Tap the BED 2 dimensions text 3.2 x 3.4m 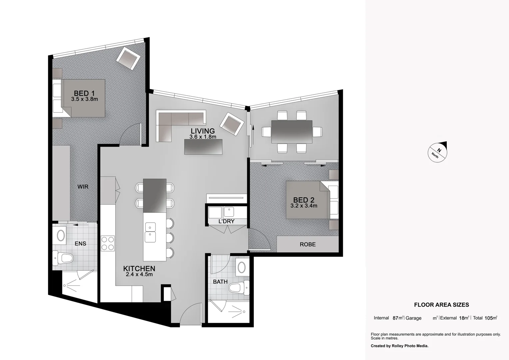pos(303,206)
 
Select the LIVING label pos(203,131)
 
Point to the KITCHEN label pos(139,268)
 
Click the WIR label pos(83,187)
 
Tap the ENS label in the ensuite pos(80,244)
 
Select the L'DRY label pos(226,221)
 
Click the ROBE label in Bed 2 pos(307,244)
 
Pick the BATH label pos(220,282)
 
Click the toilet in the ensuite pos(63,257)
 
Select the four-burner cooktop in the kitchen pos(108,243)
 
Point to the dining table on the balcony pos(292,132)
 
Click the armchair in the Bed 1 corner pos(128,58)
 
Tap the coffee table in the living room pos(203,146)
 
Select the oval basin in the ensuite pos(61,235)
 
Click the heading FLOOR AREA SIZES pos(441,305)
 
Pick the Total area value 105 pos(489,318)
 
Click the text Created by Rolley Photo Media pos(399,346)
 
